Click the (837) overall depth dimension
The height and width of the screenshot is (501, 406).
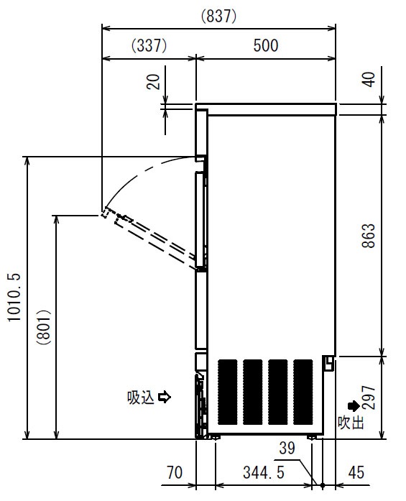(219, 16)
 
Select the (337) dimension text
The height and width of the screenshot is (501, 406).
(149, 45)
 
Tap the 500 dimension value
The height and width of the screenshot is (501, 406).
(266, 45)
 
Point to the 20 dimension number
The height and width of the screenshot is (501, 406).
(153, 81)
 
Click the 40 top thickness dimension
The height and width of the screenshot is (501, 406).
(369, 79)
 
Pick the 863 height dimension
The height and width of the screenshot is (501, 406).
(369, 236)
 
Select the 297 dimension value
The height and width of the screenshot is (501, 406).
(369, 397)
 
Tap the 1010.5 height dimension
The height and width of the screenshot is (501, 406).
(14, 297)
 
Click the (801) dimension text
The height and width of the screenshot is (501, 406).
(44, 326)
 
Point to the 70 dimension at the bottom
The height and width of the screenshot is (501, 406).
(175, 472)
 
